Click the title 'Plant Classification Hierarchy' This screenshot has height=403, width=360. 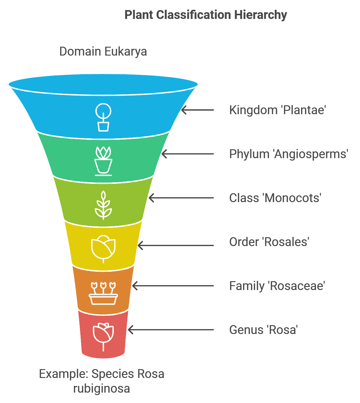tap(205, 15)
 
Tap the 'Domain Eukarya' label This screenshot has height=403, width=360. tap(103, 52)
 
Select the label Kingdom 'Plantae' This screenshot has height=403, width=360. tap(278, 110)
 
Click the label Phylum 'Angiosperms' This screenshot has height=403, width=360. tap(289, 154)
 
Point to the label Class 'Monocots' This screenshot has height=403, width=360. tap(275, 198)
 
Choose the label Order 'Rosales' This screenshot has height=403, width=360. tap(269, 242)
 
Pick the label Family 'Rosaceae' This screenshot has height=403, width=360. tap(277, 286)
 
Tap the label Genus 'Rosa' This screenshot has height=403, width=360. tap(263, 330)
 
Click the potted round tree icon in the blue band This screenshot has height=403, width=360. tap(103, 117)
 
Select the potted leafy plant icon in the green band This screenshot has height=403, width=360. tap(103, 161)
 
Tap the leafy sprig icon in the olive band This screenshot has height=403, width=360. tap(103, 205)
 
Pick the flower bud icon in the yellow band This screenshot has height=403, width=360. tap(103, 249)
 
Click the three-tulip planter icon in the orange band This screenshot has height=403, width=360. tap(103, 293)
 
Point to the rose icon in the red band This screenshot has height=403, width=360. tap(103, 337)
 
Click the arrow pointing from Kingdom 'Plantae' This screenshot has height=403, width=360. tap(198, 110)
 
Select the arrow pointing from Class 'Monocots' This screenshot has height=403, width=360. tap(181, 198)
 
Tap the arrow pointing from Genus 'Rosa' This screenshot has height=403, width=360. tap(171, 330)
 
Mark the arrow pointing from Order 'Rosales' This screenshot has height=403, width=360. tap(176, 245)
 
